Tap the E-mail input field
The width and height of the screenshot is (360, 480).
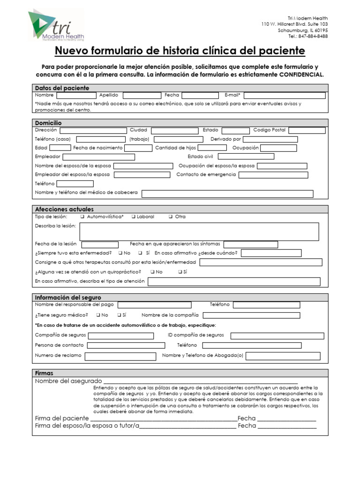[284, 95]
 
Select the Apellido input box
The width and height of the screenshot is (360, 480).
[142, 95]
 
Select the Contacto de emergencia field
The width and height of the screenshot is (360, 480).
[273, 175]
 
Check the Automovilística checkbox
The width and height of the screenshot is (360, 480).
[82, 217]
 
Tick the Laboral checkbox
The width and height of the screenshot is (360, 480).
[134, 217]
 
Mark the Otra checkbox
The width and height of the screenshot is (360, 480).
[170, 217]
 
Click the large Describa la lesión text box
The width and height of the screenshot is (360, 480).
[199, 232]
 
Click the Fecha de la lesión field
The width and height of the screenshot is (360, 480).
[100, 244]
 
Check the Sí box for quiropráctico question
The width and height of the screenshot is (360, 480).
[180, 272]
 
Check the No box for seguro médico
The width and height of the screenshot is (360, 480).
[98, 315]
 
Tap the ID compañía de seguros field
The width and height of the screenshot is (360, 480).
[277, 336]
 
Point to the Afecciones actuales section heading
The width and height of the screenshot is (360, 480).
[64, 209]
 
